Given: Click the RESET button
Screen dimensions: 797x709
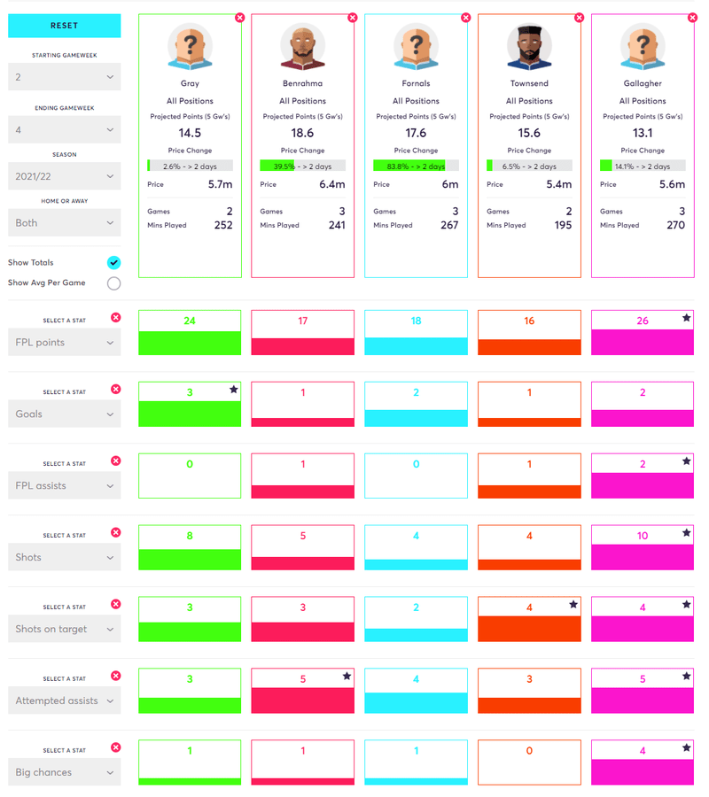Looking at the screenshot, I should [x=64, y=27].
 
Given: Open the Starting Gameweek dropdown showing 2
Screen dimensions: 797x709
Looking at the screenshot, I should [x=64, y=77].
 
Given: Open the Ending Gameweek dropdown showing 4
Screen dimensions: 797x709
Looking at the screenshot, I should [x=64, y=129].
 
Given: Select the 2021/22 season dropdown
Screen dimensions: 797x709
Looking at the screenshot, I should [x=64, y=176].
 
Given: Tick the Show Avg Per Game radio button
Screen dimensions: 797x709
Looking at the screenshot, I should [x=113, y=283].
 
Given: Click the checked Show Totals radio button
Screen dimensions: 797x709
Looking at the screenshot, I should [x=113, y=263].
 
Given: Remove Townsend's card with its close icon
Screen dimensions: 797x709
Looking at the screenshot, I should [x=579, y=17].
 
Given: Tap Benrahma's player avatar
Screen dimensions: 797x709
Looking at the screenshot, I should [x=302, y=46].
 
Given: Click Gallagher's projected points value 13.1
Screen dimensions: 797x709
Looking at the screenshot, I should [x=643, y=133].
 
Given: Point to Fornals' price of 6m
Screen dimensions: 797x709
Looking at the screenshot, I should [x=450, y=184].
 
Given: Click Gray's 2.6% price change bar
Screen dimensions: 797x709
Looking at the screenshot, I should [x=190, y=166].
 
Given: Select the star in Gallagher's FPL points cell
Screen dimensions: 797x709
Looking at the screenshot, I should [x=686, y=317].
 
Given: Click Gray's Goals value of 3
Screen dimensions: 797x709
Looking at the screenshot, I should [x=190, y=392].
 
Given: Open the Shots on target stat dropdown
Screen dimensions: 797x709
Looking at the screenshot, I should [x=64, y=629].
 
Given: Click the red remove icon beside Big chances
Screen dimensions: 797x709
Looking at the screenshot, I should [x=116, y=747].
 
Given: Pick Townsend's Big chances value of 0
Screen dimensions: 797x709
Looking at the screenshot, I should [x=529, y=751].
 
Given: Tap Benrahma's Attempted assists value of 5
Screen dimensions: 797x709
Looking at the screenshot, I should [x=302, y=679].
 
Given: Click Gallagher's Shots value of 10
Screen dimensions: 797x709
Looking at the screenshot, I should [x=643, y=536].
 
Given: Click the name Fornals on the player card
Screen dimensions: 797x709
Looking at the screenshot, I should [x=416, y=83].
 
